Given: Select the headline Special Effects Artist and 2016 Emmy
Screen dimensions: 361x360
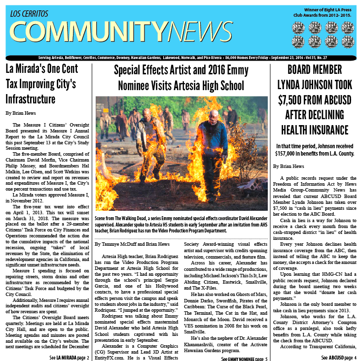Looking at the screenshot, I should point(180,69).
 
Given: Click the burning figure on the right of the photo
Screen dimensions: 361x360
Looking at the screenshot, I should point(210,143).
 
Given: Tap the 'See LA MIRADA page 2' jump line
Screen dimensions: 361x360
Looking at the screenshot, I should point(70,357).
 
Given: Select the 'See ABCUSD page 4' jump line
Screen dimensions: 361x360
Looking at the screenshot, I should point(338,357).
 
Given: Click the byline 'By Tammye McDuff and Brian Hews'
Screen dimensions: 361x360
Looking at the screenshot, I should point(132,244).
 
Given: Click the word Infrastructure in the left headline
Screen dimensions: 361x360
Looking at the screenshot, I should point(31,99).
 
